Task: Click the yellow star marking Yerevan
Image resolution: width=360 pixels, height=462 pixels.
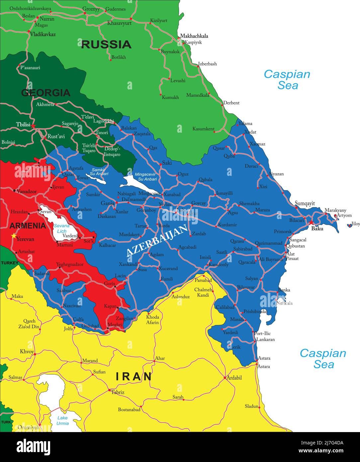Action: coord(14,236)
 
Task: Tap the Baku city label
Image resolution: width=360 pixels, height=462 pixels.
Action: coord(317,229)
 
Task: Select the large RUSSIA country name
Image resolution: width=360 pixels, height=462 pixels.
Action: coord(106,45)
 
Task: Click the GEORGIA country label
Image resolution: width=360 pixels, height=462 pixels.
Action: coord(46,93)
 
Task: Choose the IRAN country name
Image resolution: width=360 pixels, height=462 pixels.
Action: coord(134,377)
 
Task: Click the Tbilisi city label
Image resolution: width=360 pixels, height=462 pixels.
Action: coord(23,125)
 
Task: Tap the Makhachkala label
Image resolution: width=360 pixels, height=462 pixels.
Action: coord(194,36)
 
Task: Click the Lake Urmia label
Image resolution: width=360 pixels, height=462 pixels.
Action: coord(62,421)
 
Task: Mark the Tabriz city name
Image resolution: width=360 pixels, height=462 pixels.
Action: coord(118,392)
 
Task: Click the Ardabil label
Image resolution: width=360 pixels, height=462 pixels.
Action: coord(234,378)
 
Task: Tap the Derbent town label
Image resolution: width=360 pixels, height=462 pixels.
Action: coord(231,103)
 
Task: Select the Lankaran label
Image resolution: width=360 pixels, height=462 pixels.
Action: coord(265,340)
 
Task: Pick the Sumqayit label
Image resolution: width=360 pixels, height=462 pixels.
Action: coord(305,203)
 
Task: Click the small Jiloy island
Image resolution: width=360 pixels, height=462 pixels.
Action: coord(349,225)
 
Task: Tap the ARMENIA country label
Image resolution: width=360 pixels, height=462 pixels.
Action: coord(28,226)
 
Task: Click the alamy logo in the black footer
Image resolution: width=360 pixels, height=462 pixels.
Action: coord(33,446)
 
